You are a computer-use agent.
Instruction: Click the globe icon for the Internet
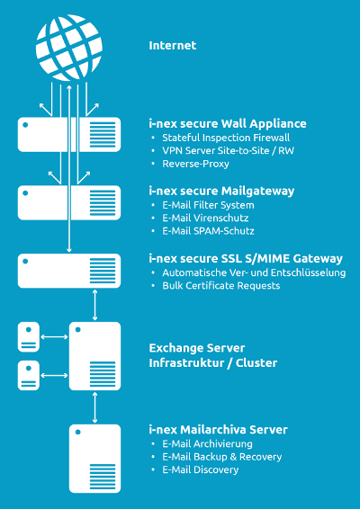(x=69, y=48)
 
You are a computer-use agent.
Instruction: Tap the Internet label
(x=173, y=46)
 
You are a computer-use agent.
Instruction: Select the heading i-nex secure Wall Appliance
(x=228, y=124)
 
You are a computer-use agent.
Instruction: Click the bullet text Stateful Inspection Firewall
(x=226, y=138)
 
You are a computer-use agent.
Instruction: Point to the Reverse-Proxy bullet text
(x=195, y=164)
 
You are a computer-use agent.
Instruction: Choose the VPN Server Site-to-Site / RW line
(x=228, y=150)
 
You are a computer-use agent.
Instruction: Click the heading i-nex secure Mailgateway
(x=221, y=191)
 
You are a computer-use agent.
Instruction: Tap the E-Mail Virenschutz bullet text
(x=205, y=218)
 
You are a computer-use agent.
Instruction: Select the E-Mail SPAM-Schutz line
(x=208, y=231)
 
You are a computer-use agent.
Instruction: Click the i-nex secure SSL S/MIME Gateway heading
(x=246, y=259)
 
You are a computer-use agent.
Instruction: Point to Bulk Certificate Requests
(x=220, y=286)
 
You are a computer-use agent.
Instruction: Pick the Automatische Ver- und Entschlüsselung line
(x=254, y=272)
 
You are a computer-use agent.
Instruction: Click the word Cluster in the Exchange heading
(x=256, y=363)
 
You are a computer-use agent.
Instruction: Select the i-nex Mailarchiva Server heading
(x=218, y=430)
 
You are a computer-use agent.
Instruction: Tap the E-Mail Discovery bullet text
(x=201, y=469)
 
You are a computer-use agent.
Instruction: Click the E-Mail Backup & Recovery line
(x=222, y=457)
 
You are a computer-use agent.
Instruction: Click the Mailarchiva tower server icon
(x=94, y=459)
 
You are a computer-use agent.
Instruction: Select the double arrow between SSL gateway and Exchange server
(x=94, y=305)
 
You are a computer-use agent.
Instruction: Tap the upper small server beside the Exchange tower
(x=29, y=337)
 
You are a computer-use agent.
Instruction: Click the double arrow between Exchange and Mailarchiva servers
(x=94, y=407)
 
